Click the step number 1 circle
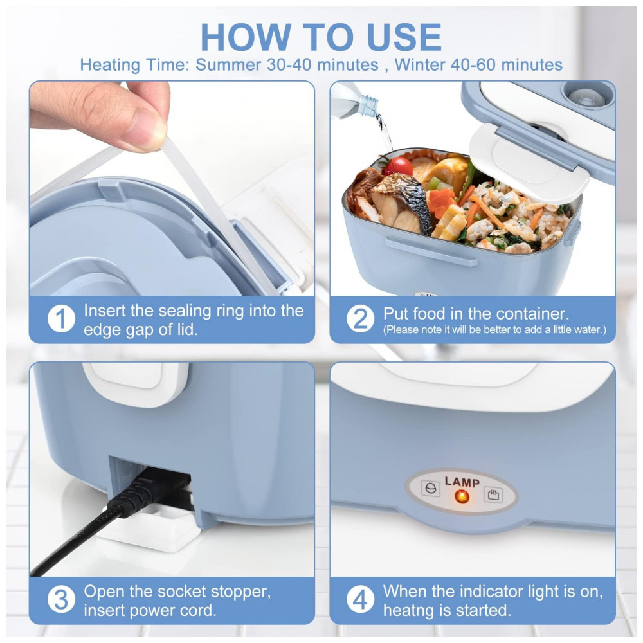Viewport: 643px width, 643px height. pyautogui.click(x=61, y=319)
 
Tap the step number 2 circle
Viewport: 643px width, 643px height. pyautogui.click(x=361, y=319)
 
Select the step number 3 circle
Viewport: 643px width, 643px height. pyautogui.click(x=61, y=599)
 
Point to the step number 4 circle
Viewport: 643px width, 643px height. pyautogui.click(x=361, y=599)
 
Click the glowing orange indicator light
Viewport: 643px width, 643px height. pyautogui.click(x=462, y=496)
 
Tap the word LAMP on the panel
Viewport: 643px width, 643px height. pyautogui.click(x=462, y=482)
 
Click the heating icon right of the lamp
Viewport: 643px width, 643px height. pyautogui.click(x=493, y=494)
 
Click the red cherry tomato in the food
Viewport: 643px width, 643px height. pyautogui.click(x=398, y=166)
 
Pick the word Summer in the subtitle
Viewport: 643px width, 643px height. pyautogui.click(x=228, y=65)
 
